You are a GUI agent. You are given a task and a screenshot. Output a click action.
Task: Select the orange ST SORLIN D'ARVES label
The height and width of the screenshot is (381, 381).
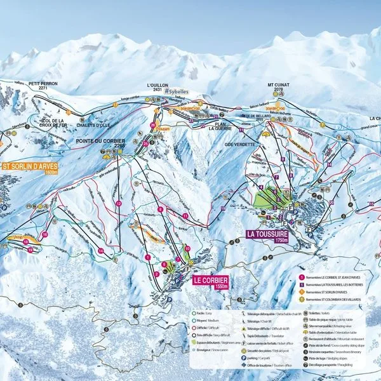30,168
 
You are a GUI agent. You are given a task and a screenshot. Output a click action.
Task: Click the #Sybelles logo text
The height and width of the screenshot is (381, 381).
177,92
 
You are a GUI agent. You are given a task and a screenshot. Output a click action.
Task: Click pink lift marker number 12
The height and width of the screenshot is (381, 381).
119,203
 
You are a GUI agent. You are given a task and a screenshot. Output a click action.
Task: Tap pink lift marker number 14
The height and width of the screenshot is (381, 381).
101,251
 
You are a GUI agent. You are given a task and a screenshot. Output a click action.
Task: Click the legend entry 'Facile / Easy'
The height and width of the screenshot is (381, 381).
209,314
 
